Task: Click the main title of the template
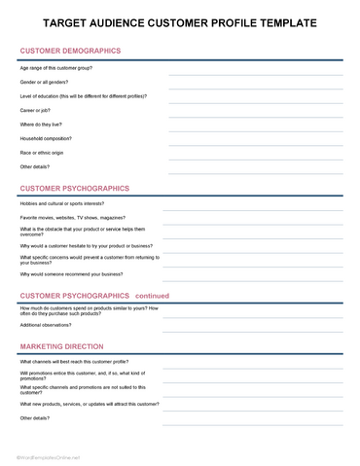(x=180, y=22)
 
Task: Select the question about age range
(x=55, y=68)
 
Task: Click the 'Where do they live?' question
(x=45, y=124)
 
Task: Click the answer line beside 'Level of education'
(x=255, y=101)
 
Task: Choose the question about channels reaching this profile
(x=81, y=361)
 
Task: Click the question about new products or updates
(x=89, y=403)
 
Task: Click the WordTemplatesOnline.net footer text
(x=48, y=456)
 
